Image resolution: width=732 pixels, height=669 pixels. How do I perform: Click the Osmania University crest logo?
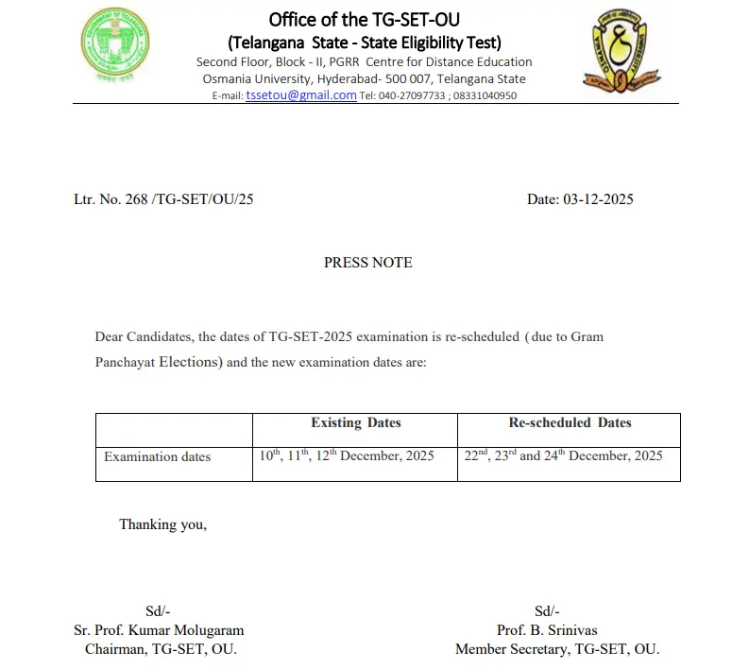620,51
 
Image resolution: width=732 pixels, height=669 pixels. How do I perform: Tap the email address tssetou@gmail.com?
300,95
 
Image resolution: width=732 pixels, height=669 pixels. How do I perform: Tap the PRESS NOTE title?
367,263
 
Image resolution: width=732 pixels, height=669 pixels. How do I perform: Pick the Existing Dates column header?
355,422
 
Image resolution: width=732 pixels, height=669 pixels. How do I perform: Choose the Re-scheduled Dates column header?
570,422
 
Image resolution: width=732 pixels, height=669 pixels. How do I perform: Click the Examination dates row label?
157,456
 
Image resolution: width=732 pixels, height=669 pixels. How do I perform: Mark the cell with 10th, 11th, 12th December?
347,455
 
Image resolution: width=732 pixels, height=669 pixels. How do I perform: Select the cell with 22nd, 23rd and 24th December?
563,455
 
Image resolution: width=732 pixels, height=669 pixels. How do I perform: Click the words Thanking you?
162,524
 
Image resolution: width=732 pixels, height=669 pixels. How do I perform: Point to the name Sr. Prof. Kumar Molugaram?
159,630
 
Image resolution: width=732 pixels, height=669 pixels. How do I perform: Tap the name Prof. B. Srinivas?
547,630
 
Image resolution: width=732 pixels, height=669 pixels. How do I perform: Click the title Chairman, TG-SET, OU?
161,649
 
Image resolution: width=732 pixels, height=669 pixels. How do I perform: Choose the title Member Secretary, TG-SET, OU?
556,649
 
